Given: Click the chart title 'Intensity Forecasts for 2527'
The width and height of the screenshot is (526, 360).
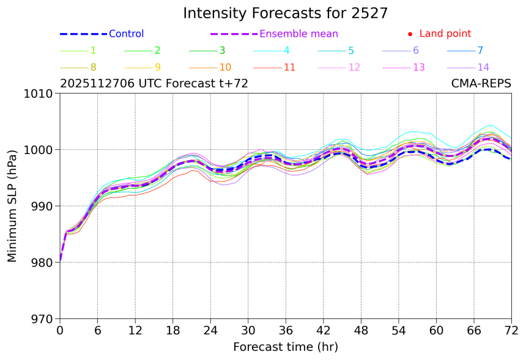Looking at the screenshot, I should (x=286, y=13).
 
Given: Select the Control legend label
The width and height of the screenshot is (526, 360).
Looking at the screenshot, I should (x=126, y=34).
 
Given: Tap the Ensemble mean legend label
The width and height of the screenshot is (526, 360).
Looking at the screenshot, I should (x=298, y=34).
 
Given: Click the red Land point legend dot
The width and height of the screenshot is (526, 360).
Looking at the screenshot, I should (x=410, y=34).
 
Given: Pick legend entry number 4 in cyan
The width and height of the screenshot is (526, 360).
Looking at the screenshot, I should (x=287, y=51).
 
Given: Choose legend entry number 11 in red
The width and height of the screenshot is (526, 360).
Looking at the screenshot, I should (x=290, y=67).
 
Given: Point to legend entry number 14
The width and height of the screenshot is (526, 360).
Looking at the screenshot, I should (x=483, y=67).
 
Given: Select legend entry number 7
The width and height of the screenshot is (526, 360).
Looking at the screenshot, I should (x=480, y=51).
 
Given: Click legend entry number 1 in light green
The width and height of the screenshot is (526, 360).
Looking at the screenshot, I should (x=93, y=51).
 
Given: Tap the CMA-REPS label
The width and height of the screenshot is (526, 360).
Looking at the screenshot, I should (x=481, y=84).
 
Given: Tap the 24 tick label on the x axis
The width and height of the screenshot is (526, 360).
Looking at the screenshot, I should (x=210, y=330).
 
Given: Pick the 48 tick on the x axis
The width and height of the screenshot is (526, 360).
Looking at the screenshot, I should (x=361, y=330).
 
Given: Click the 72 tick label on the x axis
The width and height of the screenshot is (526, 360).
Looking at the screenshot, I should (x=511, y=330).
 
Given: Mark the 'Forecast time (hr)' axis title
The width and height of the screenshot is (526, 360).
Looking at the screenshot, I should (x=286, y=347).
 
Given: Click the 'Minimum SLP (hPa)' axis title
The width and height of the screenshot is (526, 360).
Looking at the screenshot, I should (x=13, y=206).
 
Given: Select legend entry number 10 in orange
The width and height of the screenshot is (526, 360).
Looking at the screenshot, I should (x=225, y=67).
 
